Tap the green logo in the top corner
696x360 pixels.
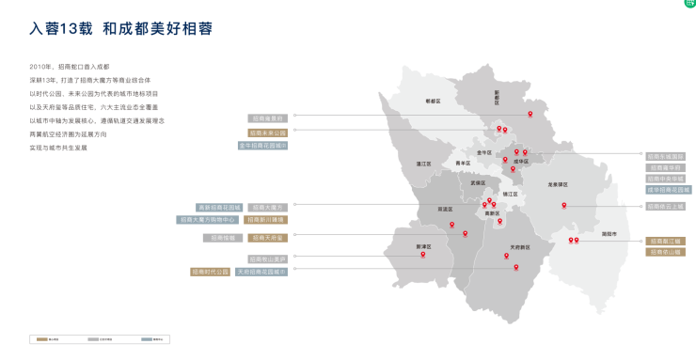point(689,4)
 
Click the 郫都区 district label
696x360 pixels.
point(433,101)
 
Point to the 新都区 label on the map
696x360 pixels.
point(498,95)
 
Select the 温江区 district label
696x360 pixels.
point(423,164)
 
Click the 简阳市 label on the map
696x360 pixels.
point(609,232)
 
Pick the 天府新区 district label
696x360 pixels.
point(519,247)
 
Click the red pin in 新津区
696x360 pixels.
point(423,254)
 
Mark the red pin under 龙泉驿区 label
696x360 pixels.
point(564,205)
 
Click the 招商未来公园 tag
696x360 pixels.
point(268,133)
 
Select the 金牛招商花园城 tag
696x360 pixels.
point(262,146)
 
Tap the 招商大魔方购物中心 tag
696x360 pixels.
point(208,219)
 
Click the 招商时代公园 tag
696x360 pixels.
point(210,271)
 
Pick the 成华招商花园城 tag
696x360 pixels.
point(668,190)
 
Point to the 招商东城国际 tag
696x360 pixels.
point(666,156)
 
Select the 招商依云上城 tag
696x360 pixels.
point(666,206)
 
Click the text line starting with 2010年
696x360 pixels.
point(70,67)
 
